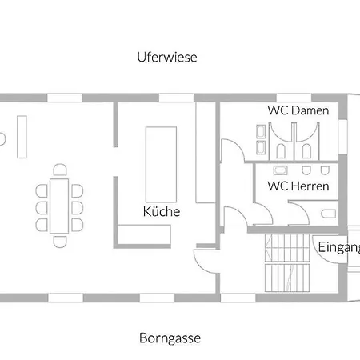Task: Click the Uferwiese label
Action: coord(167,57)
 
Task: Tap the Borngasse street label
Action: coord(170,338)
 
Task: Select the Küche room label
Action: coord(162,211)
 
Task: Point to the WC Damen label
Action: coord(298,110)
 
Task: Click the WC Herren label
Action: coord(298,186)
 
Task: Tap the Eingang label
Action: coord(339,247)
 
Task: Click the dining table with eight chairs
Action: coord(59,206)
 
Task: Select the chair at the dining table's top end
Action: coord(60,170)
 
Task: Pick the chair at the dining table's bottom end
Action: coord(60,242)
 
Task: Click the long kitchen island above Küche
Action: coord(161,164)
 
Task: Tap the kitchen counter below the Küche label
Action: coord(144,234)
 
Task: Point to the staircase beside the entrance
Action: coord(287,263)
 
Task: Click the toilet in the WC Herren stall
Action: coord(329,214)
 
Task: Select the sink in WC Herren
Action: coord(280,170)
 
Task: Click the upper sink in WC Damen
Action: coord(261,131)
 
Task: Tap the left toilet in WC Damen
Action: coord(281,151)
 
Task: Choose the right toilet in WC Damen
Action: coord(306,151)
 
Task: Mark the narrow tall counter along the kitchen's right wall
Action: coord(206,153)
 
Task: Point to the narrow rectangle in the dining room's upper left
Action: coord(22,137)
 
